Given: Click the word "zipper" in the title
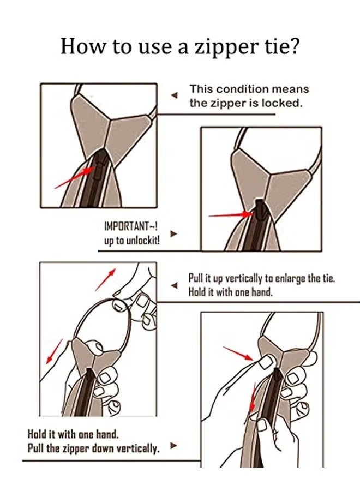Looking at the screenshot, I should [219, 46].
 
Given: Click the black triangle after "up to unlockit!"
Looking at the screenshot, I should [173, 233].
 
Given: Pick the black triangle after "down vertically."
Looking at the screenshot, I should [173, 445].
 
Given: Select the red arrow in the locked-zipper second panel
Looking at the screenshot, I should [229, 215].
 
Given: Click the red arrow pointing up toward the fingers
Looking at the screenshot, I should [105, 280].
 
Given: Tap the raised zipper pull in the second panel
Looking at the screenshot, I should [260, 209].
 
